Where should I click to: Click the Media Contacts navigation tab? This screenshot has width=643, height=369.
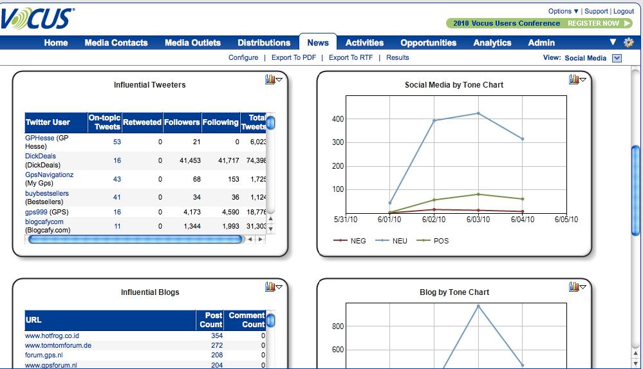pos(116,43)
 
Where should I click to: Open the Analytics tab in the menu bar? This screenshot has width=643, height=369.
pos(492,43)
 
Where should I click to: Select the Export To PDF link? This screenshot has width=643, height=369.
pos(294,57)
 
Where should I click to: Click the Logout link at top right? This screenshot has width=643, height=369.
pos(623,11)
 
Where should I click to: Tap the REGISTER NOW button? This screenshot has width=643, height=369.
pos(593,23)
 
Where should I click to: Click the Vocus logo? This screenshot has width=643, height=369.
pos(37,19)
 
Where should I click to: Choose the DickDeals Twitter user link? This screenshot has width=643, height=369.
pos(41,156)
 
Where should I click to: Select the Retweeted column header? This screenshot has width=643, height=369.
pos(142,122)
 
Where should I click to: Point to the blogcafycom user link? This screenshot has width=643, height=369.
pos(44,222)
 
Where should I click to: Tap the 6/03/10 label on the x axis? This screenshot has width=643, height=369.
pos(478,220)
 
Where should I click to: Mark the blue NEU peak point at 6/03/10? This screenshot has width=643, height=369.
pos(478,113)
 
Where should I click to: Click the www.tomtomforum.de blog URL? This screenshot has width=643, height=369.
pos(58,345)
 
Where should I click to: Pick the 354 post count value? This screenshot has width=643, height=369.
pos(217,336)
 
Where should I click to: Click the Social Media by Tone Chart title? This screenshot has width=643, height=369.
pos(454,85)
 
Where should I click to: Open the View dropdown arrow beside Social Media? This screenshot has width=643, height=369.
pos(617,58)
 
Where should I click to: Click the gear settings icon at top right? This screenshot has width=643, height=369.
pos(629,43)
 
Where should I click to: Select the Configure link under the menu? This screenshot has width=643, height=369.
pos(243,57)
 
